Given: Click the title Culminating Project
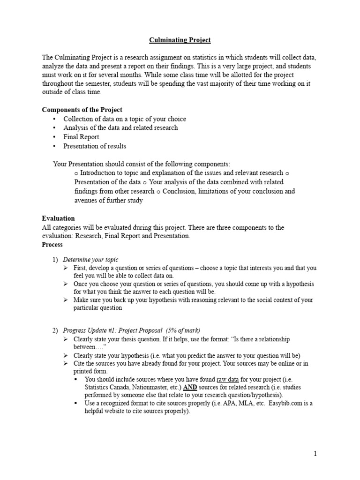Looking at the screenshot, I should tap(180, 40).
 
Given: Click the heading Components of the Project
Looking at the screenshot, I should tap(82, 110).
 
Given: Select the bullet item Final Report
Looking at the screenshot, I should tap(81, 137).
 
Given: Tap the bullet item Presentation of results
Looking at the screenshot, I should tap(95, 146).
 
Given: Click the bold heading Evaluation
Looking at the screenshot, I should tap(58, 218).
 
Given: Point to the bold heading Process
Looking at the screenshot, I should tap(52, 245).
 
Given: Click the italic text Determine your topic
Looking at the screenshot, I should tap(90, 259).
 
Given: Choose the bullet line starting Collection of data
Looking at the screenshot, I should tap(125, 119).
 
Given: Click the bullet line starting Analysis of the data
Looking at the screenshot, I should tap(120, 128).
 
